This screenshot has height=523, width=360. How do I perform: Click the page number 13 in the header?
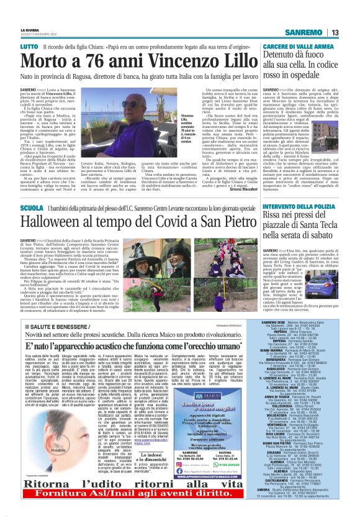coord(334,32)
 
